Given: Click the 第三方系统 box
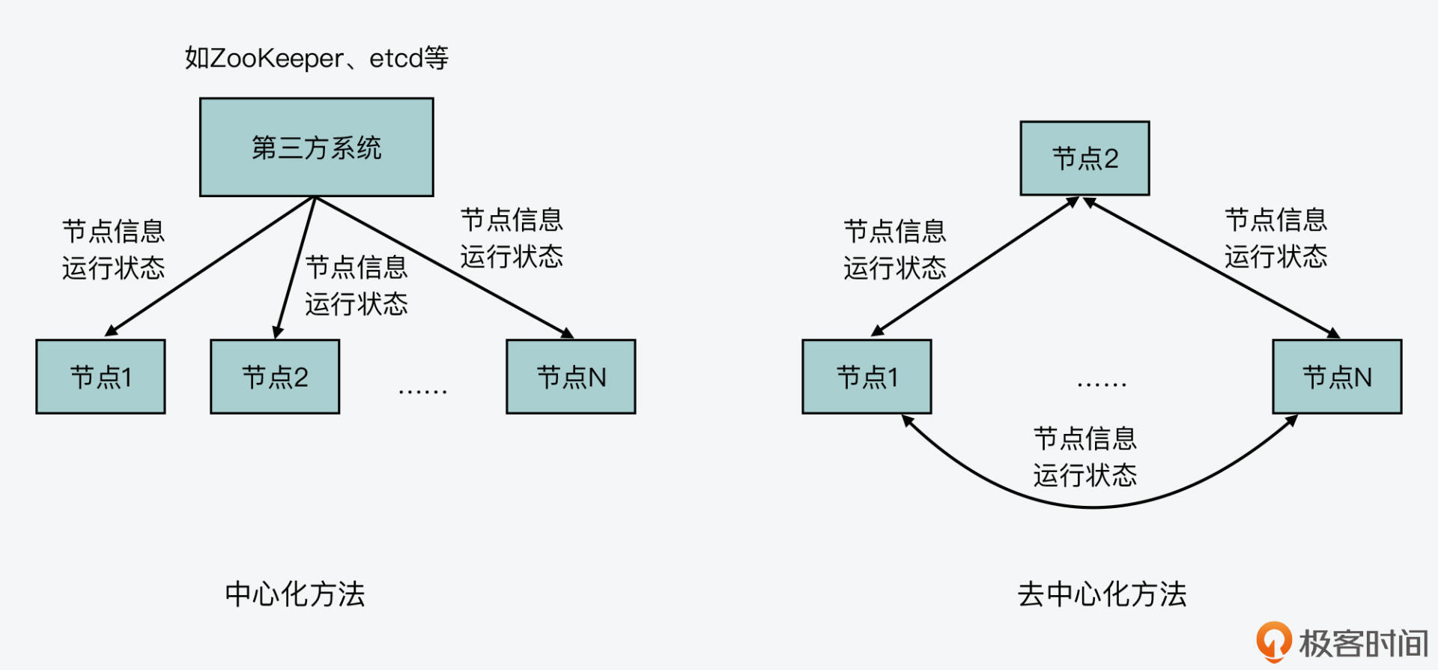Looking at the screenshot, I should [316, 148].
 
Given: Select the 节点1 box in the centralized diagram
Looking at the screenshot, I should [100, 377].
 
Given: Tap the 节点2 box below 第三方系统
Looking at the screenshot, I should [275, 377].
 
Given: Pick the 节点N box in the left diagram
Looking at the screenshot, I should [571, 377].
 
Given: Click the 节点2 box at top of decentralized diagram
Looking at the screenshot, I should [1084, 159].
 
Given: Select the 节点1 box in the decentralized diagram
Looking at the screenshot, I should [867, 377].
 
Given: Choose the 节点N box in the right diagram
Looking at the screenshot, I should [1337, 377].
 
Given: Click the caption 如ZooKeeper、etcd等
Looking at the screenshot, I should [316, 58].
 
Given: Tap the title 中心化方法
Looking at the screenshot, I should [294, 594].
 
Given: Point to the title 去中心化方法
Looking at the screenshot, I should [1102, 594].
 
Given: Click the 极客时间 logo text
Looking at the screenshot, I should [1363, 643].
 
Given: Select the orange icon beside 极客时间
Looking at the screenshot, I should [1273, 642].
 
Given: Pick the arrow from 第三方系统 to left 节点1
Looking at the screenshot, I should [210, 266].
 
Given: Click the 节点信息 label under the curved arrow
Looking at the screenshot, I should [1084, 438].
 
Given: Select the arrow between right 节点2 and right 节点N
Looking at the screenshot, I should [1210, 267].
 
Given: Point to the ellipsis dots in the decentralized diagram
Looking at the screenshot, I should [1102, 384].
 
